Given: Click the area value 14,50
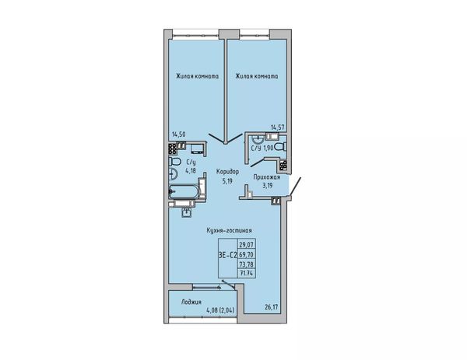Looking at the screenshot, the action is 179,135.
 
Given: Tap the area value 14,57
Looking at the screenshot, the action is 278,128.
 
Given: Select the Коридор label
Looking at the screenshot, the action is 227,172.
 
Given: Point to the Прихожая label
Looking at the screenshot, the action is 266,177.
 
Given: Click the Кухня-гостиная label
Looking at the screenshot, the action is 230,231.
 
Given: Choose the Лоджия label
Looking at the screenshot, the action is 191,302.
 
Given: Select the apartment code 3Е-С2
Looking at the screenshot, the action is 228,255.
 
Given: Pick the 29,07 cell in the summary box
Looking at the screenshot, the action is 247,245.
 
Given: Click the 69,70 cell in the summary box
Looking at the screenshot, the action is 247,255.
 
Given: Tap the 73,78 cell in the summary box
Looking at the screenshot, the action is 247,264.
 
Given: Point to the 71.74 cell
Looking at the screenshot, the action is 247,273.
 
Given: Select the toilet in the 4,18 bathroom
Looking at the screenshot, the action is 174,162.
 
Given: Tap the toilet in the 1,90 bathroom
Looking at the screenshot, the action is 280,147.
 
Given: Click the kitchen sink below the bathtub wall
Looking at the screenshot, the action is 187,212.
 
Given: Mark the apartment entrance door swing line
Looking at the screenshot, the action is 295,187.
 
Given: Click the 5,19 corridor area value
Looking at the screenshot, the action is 227,180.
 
